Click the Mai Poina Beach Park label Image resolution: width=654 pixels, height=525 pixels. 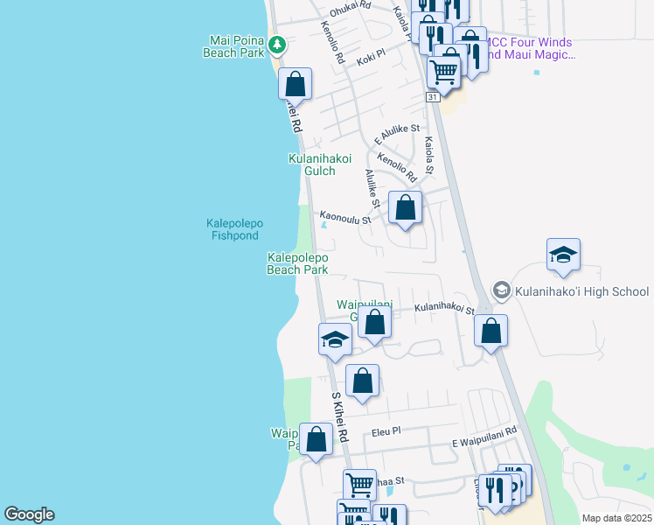[x=236, y=46]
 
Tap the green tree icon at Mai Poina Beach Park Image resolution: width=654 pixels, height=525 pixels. [x=277, y=43]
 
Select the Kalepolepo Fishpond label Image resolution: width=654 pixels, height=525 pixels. [x=234, y=229]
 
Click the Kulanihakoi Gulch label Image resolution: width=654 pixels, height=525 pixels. [x=320, y=164]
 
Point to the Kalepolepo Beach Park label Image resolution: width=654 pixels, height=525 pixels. [x=297, y=263]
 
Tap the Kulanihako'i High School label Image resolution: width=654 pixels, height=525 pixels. [x=581, y=291]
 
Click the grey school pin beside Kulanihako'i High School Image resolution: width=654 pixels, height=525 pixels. [x=501, y=290]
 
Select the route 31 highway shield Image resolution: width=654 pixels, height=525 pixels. [x=433, y=98]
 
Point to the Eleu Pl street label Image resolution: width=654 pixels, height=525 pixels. [x=385, y=431]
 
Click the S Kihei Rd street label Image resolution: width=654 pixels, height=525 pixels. [x=339, y=416]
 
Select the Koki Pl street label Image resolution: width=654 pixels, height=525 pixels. [x=371, y=62]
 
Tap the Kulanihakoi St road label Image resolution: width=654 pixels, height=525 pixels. [x=443, y=309]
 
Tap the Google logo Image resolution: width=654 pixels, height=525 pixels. [x=29, y=514]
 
